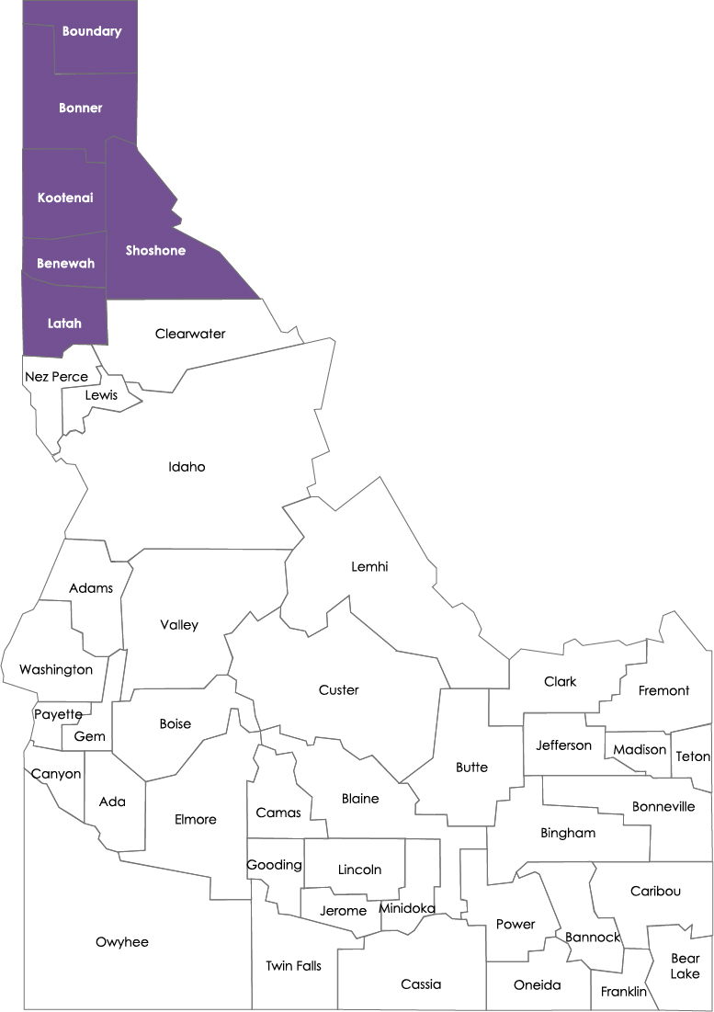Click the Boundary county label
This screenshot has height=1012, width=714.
91,31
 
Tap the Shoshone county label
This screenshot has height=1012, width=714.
155,251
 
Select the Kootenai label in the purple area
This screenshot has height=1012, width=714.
65,198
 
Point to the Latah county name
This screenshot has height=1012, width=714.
65,324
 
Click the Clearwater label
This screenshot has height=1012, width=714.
190,334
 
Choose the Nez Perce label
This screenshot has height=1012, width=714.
57,377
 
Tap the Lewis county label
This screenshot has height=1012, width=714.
101,395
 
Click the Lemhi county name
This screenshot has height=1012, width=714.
369,567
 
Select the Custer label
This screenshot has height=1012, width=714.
338,690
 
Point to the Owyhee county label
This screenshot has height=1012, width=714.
122,942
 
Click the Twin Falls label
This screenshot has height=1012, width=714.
293,966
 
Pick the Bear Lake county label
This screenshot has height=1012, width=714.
685,967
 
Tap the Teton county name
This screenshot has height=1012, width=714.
693,756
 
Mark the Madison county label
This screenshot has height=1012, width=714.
640,750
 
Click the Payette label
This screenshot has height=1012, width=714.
58,714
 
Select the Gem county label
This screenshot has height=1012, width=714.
90,737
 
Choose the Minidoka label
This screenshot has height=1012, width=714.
407,909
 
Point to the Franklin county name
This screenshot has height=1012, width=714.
624,992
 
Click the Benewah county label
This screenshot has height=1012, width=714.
65,264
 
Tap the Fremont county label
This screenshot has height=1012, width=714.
663,690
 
